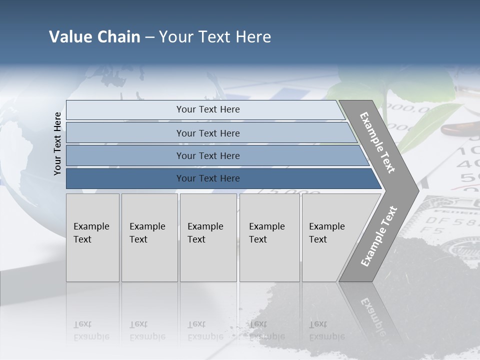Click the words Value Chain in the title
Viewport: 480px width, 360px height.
point(94,37)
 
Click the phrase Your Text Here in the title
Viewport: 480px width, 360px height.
point(215,37)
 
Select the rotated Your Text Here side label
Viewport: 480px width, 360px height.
point(57,143)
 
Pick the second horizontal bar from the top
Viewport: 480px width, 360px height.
point(207,133)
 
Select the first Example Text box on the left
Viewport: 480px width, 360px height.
point(92,237)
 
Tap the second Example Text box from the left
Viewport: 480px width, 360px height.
point(149,237)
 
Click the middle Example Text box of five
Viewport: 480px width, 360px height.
point(208,237)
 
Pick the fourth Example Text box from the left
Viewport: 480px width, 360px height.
point(269,237)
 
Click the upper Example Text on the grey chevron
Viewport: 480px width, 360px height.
point(378,142)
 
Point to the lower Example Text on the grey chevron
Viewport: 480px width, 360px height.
point(378,236)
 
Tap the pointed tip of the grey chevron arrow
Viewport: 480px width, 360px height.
point(416,190)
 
